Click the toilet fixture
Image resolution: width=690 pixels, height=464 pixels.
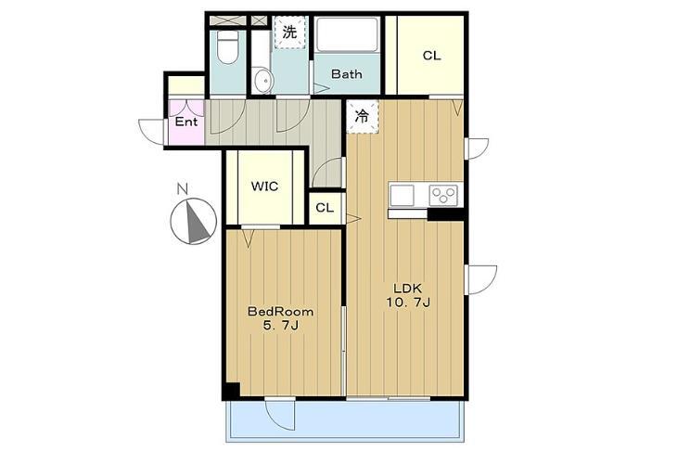tap(228, 46)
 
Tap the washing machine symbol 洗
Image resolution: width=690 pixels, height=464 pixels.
tap(289, 32)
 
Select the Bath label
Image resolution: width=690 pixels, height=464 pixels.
tap(347, 74)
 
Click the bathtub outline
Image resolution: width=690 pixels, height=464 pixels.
tap(347, 34)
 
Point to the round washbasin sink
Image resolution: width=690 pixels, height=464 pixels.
tap(264, 81)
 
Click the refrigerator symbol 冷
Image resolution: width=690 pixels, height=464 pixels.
tap(363, 116)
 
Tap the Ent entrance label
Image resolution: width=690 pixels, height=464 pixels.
tap(186, 122)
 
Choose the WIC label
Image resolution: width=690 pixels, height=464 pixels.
tap(264, 187)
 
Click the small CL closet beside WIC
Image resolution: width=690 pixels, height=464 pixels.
tap(325, 208)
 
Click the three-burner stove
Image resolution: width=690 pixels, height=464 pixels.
tap(443, 195)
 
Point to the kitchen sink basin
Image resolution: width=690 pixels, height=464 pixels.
tap(402, 195)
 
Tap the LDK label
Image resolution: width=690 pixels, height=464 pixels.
tap(407, 289)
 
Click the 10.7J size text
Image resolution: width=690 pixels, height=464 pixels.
tap(408, 303)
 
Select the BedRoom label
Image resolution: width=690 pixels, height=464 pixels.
tap(281, 312)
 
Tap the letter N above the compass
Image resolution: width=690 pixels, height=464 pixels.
tap(182, 189)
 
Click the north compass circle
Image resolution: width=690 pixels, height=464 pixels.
tap(194, 221)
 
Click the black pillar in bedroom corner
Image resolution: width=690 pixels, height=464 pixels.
tap(232, 391)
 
